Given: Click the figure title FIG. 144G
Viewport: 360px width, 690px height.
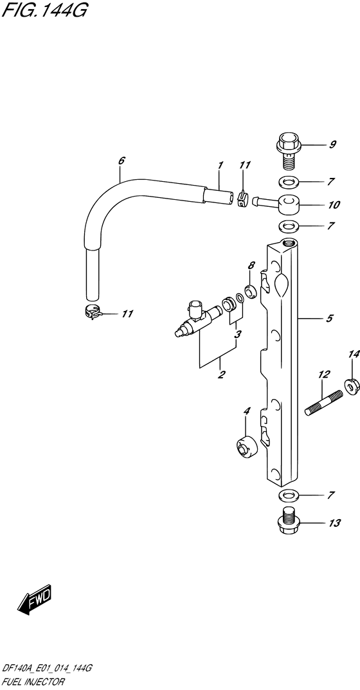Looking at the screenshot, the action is [x=44, y=10].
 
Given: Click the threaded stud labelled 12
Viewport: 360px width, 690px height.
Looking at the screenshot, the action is [x=324, y=403].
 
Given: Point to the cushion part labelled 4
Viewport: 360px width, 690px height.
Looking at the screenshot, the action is [x=245, y=448].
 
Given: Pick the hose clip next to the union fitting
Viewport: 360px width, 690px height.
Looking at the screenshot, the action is [x=242, y=199].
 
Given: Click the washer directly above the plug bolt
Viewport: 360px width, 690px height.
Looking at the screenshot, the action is [x=289, y=495].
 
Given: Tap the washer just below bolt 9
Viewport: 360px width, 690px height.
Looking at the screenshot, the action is [x=289, y=181].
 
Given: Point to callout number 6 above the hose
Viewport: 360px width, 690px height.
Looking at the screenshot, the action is [x=122, y=161].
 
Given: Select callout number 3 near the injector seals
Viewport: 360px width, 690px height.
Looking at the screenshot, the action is [x=237, y=335].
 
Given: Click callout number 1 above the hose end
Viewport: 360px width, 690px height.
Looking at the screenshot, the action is [x=221, y=166].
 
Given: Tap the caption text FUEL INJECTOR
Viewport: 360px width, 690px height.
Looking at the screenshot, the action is [x=33, y=682].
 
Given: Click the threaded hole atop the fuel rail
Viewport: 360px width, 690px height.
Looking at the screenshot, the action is [x=288, y=242].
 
